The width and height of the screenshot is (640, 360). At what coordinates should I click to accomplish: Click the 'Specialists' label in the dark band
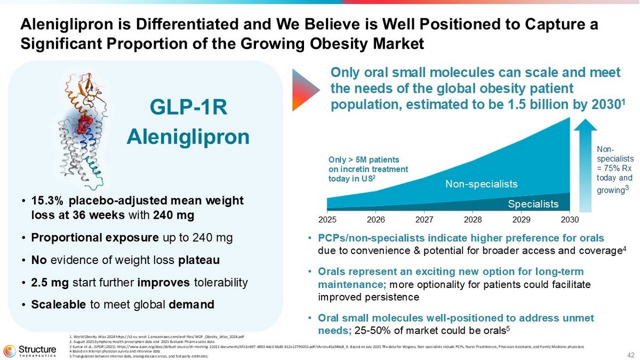[x=533, y=204]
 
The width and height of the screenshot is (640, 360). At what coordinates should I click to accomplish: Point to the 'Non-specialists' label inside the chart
[x=482, y=185]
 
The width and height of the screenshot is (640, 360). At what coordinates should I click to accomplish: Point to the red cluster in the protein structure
[x=83, y=126]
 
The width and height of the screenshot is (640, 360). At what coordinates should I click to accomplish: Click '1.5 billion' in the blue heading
[x=506, y=103]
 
